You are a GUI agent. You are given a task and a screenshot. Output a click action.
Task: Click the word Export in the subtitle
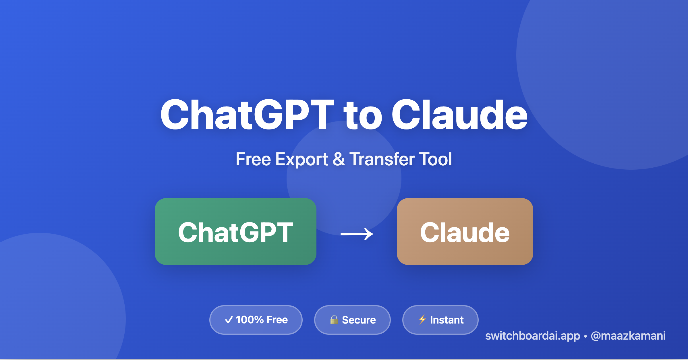pyautogui.click(x=302, y=160)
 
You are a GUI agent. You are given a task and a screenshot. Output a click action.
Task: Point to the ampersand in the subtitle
pyautogui.click(x=339, y=159)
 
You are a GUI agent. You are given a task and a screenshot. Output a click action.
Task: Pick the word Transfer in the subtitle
pyautogui.click(x=382, y=159)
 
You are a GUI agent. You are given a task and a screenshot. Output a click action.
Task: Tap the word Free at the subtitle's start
pyautogui.click(x=253, y=159)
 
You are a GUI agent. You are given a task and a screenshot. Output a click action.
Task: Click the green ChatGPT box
pyautogui.click(x=235, y=231)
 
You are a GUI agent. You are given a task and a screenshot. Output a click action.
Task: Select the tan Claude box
pyautogui.click(x=465, y=231)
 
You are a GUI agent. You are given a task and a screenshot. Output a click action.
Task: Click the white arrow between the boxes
pyautogui.click(x=357, y=234)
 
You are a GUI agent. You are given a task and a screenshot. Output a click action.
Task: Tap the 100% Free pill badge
pyautogui.click(x=256, y=320)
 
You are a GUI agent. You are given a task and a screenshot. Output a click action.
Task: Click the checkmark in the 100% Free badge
pyautogui.click(x=229, y=320)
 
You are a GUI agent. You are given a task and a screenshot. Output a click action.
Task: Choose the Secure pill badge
pyautogui.click(x=352, y=320)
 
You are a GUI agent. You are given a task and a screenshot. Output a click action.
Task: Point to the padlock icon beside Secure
pyautogui.click(x=334, y=320)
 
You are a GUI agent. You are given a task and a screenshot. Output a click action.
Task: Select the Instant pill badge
pyautogui.click(x=440, y=320)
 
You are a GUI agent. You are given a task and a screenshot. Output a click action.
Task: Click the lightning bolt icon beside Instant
pyautogui.click(x=422, y=319)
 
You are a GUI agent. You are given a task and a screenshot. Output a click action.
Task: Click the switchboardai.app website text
pyautogui.click(x=532, y=336)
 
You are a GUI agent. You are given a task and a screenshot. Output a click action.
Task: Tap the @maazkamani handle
pyautogui.click(x=628, y=336)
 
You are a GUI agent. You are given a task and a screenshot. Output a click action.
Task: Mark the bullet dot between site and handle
pyautogui.click(x=585, y=336)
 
